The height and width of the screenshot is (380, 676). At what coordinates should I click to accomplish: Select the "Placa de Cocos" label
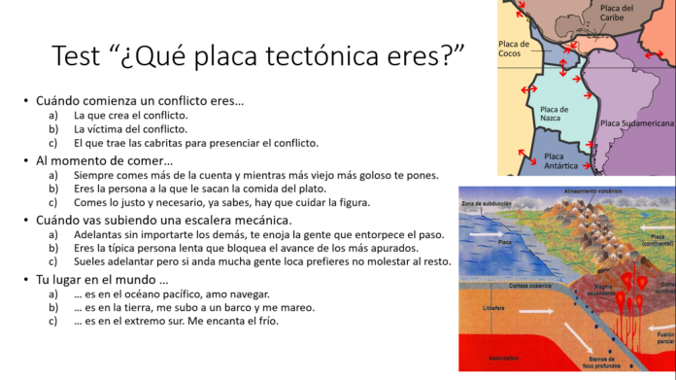[x=513, y=49]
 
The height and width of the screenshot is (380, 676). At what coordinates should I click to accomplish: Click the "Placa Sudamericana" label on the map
[x=636, y=123]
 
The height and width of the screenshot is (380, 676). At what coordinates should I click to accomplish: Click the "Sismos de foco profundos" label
[x=592, y=365]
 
